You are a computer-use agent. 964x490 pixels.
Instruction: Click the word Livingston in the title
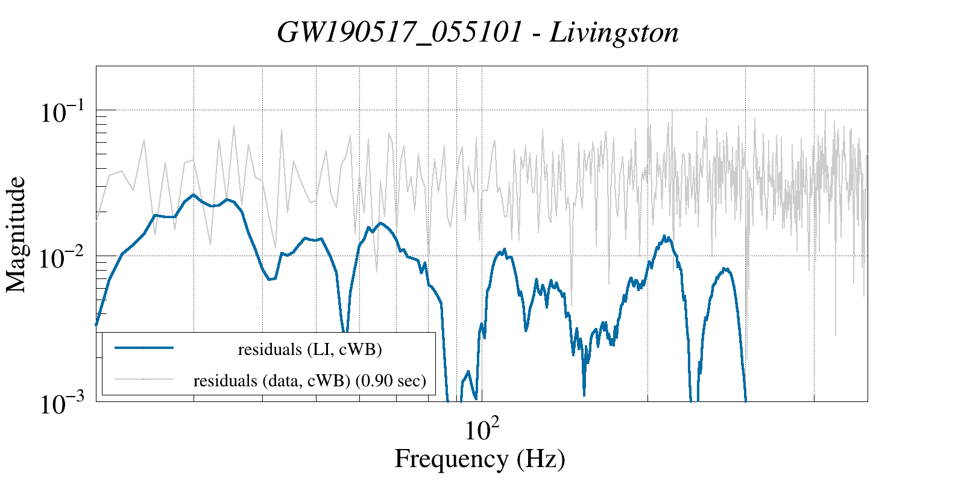[614, 33]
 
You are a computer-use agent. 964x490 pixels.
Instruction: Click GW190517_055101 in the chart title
[399, 33]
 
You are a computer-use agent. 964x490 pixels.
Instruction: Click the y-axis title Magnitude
[16, 235]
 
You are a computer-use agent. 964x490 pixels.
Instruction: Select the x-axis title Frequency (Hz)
[480, 459]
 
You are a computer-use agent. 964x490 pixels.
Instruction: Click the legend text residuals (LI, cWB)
[310, 350]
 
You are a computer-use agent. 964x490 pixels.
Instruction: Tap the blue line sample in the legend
[144, 348]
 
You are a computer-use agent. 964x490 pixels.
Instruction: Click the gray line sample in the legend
[144, 379]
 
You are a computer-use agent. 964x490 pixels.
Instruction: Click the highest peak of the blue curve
[193, 195]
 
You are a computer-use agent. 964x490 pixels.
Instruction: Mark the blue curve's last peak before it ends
[726, 269]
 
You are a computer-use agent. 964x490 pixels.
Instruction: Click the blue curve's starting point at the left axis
[96, 325]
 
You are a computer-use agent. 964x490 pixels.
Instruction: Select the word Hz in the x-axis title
[541, 459]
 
